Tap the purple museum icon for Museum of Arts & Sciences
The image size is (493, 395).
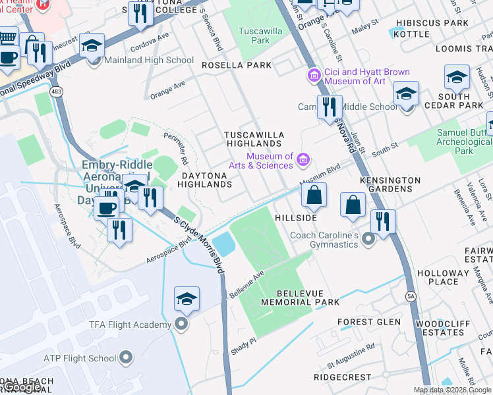click(303, 159)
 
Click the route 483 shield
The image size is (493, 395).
click(59, 93)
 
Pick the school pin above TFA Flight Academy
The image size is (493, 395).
click(187, 299)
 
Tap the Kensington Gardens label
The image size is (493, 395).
click(390, 184)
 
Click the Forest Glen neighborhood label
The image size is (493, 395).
click(369, 322)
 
